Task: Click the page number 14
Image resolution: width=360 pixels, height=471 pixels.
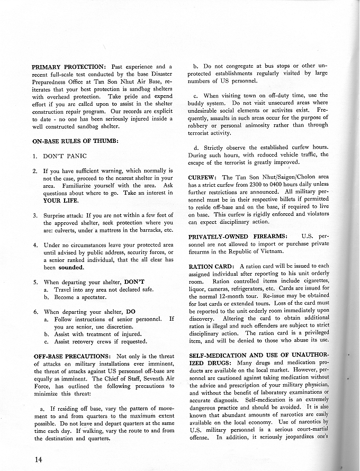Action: (x=37, y=459)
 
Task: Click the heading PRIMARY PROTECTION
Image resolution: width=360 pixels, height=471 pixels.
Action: (x=68, y=67)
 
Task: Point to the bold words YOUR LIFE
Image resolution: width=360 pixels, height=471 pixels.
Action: (x=61, y=201)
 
